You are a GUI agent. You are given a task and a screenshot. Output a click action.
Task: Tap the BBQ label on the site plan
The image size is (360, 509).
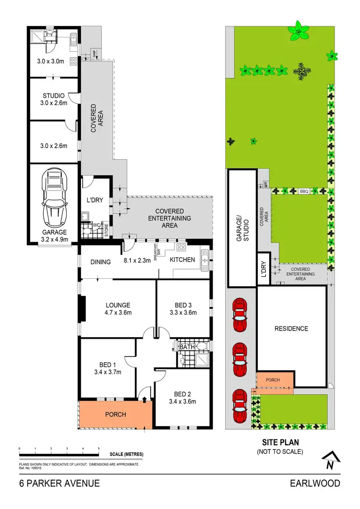pyautogui.click(x=303, y=191)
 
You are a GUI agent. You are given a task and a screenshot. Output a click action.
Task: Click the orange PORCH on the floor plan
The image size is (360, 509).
pyautogui.click(x=115, y=414)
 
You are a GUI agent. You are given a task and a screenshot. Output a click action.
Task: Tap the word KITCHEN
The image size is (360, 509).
pyautogui.click(x=182, y=260)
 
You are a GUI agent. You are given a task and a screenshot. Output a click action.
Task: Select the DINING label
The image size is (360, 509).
pyautogui.click(x=100, y=262)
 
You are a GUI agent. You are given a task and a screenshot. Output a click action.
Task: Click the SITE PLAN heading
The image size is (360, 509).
pyautogui.click(x=280, y=443)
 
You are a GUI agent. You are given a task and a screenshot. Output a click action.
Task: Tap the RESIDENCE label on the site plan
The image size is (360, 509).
pyautogui.click(x=291, y=329)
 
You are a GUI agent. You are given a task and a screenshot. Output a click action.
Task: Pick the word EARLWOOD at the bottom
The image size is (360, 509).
pyautogui.click(x=315, y=483)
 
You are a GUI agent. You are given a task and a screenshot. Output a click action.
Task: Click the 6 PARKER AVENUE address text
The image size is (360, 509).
pyautogui.click(x=59, y=483)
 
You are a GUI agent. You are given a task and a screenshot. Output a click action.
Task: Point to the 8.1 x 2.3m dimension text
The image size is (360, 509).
pyautogui.click(x=138, y=261)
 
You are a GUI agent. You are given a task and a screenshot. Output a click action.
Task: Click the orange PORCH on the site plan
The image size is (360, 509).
pyautogui.click(x=273, y=380)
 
